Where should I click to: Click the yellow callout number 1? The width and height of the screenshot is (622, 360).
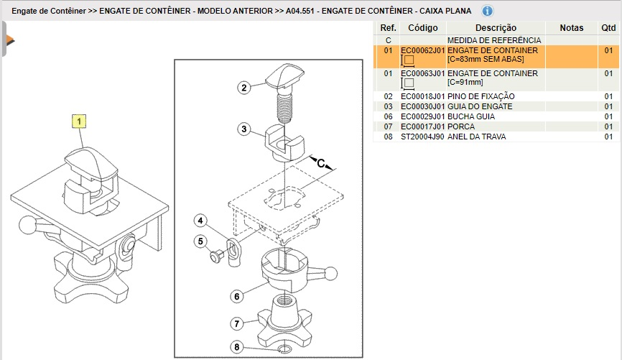pyautogui.click(x=79, y=121)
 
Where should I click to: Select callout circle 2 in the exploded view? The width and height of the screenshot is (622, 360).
pyautogui.click(x=245, y=88)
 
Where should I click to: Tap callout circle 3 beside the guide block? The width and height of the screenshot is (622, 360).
pyautogui.click(x=245, y=129)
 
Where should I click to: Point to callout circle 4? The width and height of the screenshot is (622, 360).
pyautogui.click(x=202, y=221)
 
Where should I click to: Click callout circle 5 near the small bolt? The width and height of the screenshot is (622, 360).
pyautogui.click(x=202, y=241)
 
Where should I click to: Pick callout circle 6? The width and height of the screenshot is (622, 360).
pyautogui.click(x=236, y=295)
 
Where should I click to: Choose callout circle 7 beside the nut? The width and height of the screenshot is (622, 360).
pyautogui.click(x=236, y=323)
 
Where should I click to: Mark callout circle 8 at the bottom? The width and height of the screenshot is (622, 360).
pyautogui.click(x=236, y=348)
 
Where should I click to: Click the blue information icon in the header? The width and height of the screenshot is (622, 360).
pyautogui.click(x=487, y=11)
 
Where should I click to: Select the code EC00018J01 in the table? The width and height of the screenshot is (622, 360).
pyautogui.click(x=423, y=96)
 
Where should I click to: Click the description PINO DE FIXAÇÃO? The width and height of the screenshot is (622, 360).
pyautogui.click(x=481, y=96)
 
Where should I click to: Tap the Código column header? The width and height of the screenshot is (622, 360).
pyautogui.click(x=422, y=27)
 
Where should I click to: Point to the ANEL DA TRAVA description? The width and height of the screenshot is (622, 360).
pyautogui.click(x=476, y=137)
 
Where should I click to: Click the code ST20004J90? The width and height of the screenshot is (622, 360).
pyautogui.click(x=423, y=137)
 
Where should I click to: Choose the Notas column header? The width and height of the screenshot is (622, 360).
pyautogui.click(x=572, y=27)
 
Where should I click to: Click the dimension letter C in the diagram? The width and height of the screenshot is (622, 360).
pyautogui.click(x=320, y=164)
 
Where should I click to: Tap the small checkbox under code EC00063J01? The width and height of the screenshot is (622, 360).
pyautogui.click(x=409, y=84)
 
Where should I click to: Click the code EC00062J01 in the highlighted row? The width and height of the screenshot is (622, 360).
pyautogui.click(x=423, y=51)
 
